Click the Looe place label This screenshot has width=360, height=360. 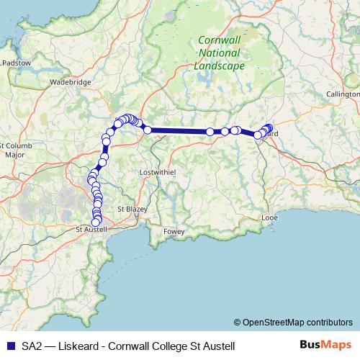(x=270, y=216)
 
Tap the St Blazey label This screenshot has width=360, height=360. (x=131, y=208)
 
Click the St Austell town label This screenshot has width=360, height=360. (x=91, y=230)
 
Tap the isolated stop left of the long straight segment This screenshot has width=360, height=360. (x=148, y=130)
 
